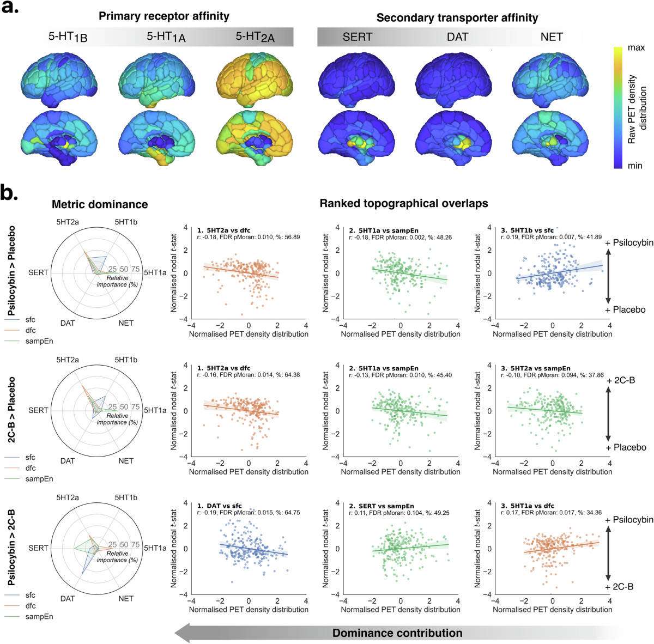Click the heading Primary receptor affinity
[163, 16]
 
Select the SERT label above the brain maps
[357, 37]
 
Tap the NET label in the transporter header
[551, 37]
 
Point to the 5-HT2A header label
[255, 37]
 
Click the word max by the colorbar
[636, 48]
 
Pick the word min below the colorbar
[635, 166]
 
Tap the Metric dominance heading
[100, 204]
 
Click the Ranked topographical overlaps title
[403, 203]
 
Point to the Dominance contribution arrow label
[397, 633]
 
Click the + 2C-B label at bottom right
[619, 587]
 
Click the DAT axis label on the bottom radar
[68, 598]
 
